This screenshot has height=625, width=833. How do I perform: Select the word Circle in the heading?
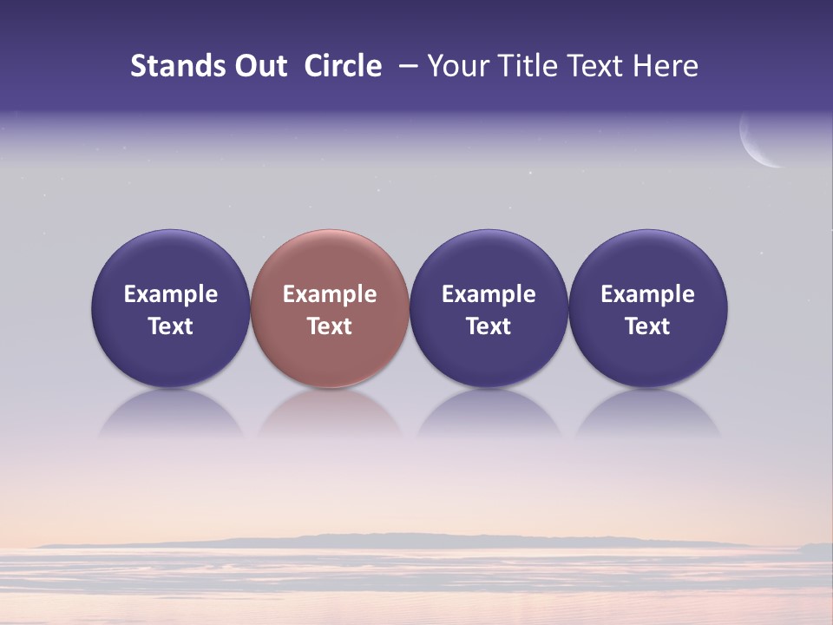click(x=343, y=66)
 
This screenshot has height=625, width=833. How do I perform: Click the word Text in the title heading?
click(x=601, y=66)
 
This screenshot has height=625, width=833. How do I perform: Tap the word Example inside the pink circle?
click(x=330, y=294)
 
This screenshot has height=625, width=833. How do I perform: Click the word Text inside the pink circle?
click(x=330, y=326)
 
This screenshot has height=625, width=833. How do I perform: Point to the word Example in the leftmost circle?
click(x=170, y=294)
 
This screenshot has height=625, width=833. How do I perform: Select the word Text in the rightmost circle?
click(x=647, y=326)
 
